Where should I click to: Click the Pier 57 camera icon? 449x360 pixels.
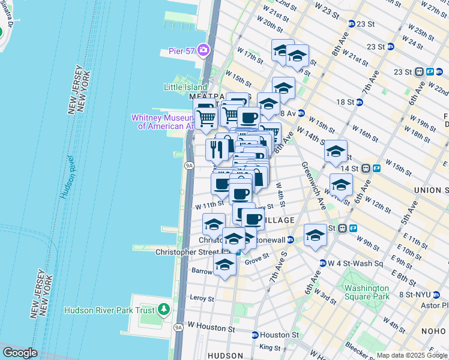(x=203, y=49)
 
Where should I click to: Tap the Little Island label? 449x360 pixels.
(x=185, y=87)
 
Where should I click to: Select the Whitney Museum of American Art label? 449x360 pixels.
(x=163, y=122)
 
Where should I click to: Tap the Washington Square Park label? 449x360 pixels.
(x=367, y=292)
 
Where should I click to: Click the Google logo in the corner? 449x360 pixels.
(x=19, y=353)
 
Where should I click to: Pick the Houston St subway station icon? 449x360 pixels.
(x=255, y=335)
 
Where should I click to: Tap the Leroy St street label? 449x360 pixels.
(x=202, y=298)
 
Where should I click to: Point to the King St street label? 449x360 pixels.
(x=270, y=347)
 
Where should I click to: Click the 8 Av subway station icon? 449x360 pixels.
(x=301, y=113)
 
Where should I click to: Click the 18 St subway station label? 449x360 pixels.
(x=345, y=103)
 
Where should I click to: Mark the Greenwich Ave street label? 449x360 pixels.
(x=313, y=186)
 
